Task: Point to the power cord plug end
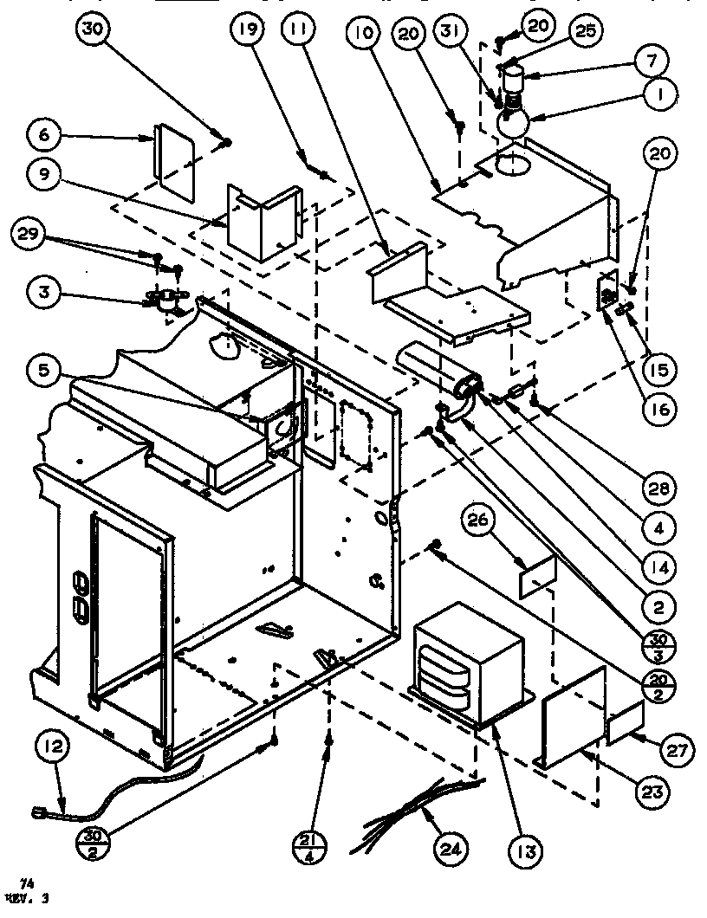coord(40,811)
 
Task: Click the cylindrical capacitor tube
coord(438,372)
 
